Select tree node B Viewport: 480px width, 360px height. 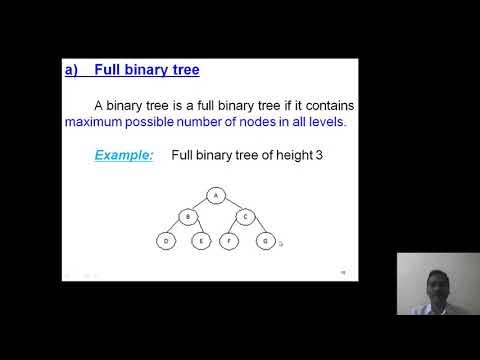[187, 217]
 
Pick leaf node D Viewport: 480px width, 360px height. [167, 240]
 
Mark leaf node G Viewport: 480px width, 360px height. [265, 240]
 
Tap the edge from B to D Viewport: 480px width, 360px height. [177, 229]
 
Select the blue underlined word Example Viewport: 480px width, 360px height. [124, 155]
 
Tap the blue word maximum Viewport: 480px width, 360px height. [95, 122]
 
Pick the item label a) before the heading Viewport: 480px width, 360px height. [71, 70]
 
